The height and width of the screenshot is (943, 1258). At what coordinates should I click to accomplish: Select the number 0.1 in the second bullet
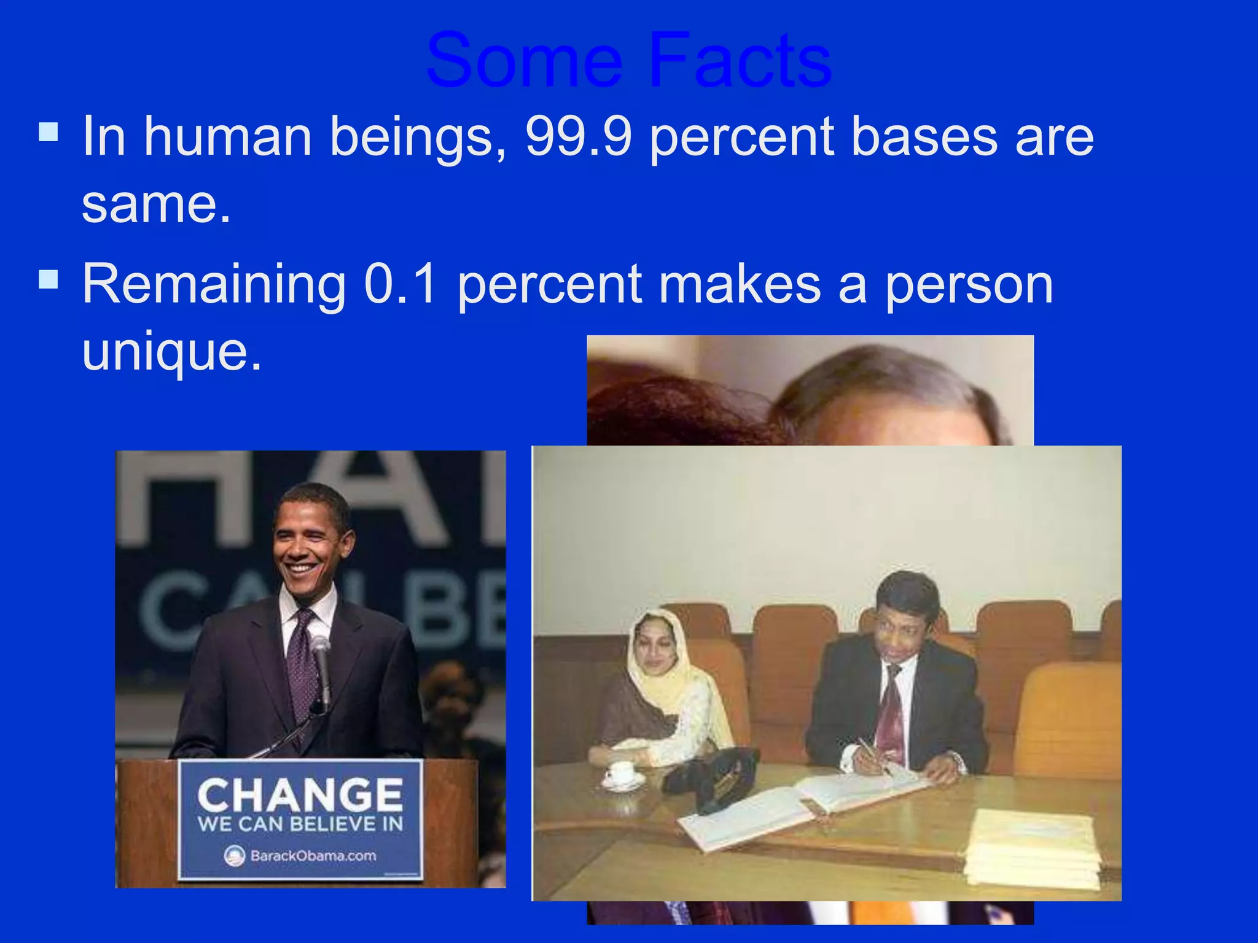tap(400, 284)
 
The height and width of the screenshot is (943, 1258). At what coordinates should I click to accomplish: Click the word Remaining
tap(214, 285)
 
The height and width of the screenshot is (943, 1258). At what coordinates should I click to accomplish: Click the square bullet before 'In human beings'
tap(49, 131)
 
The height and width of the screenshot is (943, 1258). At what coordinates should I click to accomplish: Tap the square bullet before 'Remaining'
tap(49, 279)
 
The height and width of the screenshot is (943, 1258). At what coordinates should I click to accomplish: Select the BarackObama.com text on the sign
tap(313, 855)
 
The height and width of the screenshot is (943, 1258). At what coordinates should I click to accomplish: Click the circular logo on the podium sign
tap(235, 855)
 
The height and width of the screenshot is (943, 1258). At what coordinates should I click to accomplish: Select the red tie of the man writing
tap(889, 712)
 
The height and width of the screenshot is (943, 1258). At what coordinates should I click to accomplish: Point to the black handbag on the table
tap(713, 777)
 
